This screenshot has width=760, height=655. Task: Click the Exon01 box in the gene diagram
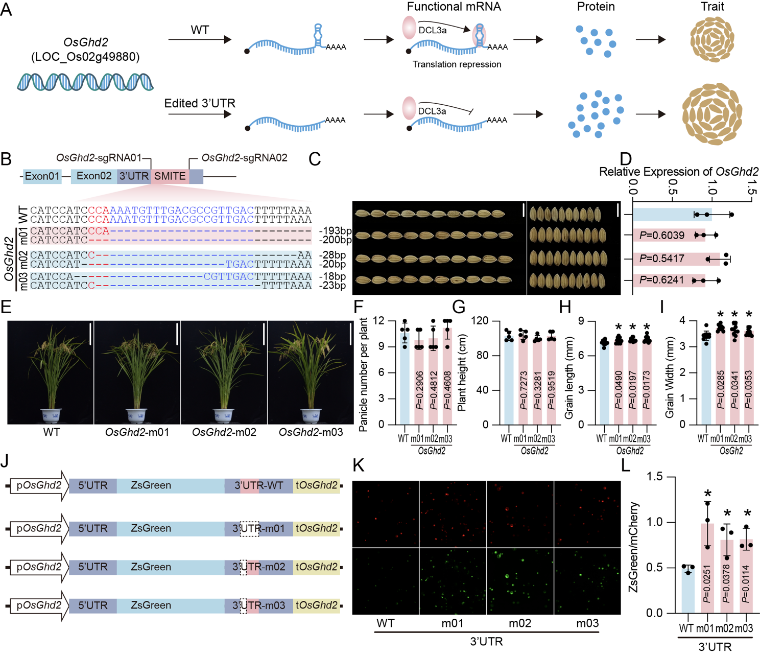coord(42,176)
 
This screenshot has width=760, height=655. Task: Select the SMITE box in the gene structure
coord(170,176)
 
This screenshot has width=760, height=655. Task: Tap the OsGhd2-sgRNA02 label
coord(244,158)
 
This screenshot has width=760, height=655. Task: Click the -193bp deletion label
coord(335,231)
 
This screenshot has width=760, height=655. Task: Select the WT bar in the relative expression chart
coord(672,215)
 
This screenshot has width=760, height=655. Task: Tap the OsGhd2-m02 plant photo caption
coord(224,432)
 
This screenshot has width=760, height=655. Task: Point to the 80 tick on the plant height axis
coord(483,356)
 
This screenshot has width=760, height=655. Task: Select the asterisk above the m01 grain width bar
coord(720,315)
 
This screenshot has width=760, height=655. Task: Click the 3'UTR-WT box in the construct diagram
coord(259,485)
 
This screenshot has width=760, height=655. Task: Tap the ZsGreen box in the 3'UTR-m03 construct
coord(151,605)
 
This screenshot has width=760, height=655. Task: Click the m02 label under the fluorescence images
coord(520,623)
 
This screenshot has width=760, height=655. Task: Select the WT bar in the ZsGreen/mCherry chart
coord(688,590)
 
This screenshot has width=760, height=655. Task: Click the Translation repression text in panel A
coord(457,64)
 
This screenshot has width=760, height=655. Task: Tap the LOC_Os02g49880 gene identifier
coord(85,57)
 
